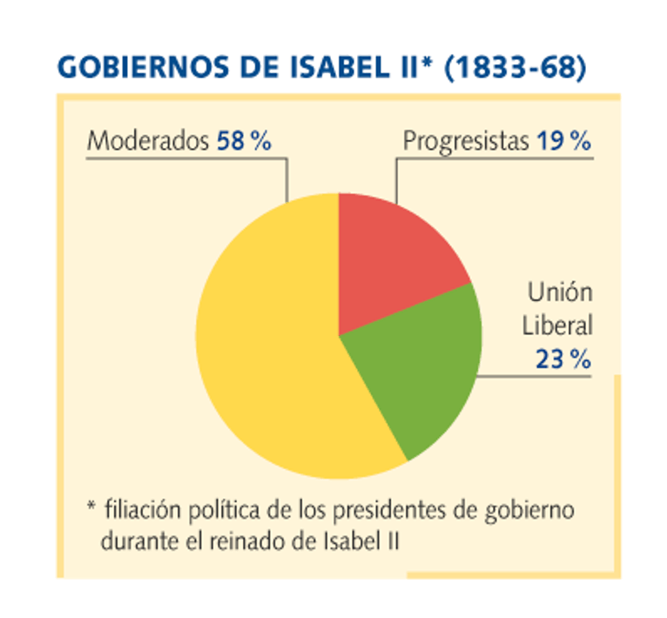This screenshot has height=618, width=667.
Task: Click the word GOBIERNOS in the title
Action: tap(144, 67)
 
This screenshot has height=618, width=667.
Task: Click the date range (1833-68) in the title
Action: tap(515, 67)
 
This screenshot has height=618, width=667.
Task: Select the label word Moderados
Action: tap(148, 140)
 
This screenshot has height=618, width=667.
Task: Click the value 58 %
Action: tap(244, 140)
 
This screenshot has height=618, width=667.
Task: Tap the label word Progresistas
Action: tap(466, 141)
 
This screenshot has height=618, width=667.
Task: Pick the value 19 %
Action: tap(563, 140)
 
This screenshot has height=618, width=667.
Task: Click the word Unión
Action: tap(560, 292)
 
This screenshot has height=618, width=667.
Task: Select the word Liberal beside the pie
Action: tap(557, 326)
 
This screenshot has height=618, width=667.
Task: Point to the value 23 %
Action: tap(563, 359)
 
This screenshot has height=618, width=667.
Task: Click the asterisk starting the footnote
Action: tap(91, 506)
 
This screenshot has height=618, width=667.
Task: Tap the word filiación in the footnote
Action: tap(143, 509)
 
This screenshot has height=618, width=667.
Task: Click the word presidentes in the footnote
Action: tap(389, 510)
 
